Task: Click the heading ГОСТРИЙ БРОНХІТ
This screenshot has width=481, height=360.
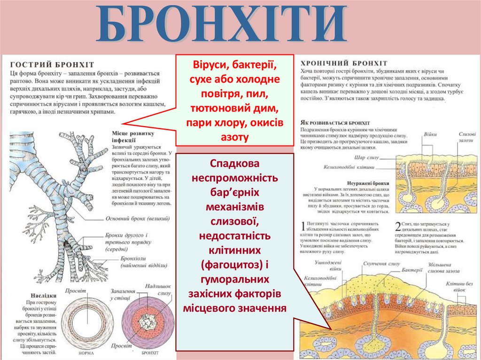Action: click(52, 64)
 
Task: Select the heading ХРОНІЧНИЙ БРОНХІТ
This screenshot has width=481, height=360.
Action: click(344, 63)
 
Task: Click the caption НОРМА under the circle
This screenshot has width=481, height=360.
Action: click(86, 352)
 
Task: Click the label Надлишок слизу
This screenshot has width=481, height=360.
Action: click(158, 289)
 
